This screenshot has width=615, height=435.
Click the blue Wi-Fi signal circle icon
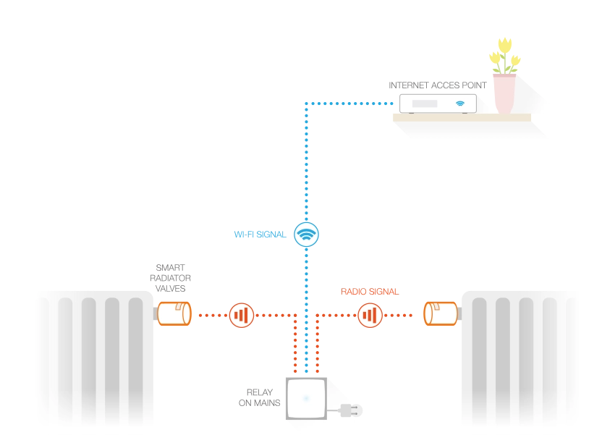(306, 235)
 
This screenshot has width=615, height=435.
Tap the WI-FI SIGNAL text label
(260, 235)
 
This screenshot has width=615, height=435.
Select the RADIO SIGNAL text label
(370, 292)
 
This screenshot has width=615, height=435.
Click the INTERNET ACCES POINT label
(438, 85)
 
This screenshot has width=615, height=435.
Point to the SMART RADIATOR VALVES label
(170, 278)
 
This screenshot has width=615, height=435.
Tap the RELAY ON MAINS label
(260, 397)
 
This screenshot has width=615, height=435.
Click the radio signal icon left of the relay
(241, 315)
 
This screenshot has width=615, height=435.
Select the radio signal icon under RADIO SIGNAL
(370, 315)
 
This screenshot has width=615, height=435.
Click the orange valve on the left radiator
(174, 313)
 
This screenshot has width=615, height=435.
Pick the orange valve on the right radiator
(441, 313)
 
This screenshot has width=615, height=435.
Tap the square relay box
(306, 399)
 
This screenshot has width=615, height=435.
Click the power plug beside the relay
(351, 410)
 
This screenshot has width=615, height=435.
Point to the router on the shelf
(438, 104)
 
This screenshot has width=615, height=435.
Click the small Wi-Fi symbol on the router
(460, 104)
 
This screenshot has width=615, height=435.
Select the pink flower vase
(504, 94)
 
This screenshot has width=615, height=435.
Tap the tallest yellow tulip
(505, 46)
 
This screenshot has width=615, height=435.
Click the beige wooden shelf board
(462, 118)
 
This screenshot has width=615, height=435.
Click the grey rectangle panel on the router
(425, 104)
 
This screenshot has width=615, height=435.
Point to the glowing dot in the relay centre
(306, 399)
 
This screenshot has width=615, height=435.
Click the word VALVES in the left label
(170, 289)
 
